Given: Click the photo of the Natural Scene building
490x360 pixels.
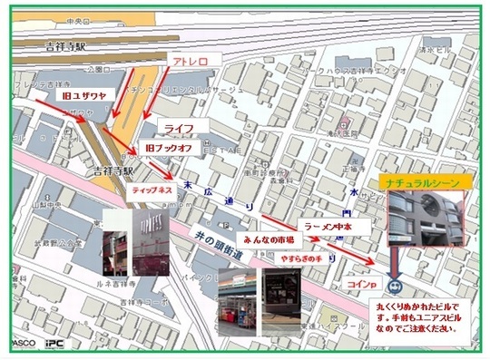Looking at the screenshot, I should pos(424,223).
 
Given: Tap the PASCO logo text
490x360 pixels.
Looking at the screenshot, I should pos(22,345).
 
